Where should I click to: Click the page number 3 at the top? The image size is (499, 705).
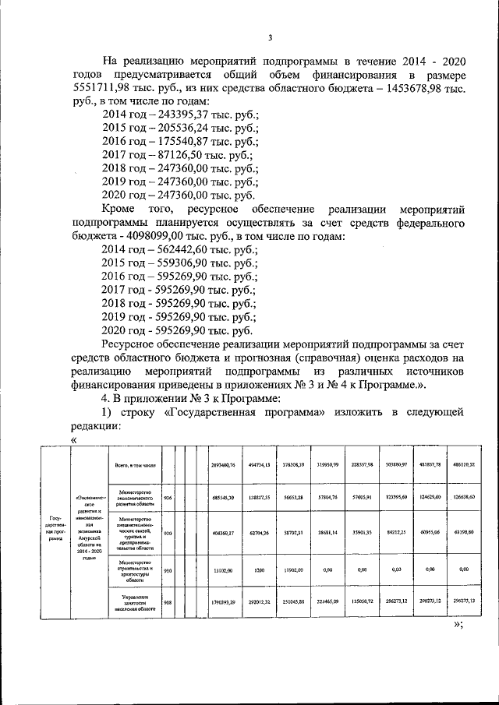pyautogui.click(x=270, y=37)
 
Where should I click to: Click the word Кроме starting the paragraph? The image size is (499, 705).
pyautogui.click(x=120, y=210)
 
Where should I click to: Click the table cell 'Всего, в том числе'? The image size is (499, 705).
pyautogui.click(x=136, y=465)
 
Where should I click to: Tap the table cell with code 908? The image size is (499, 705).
pyautogui.click(x=167, y=601)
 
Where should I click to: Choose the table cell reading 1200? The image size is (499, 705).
pyautogui.click(x=259, y=569)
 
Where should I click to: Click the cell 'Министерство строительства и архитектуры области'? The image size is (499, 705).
pyautogui.click(x=136, y=569)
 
